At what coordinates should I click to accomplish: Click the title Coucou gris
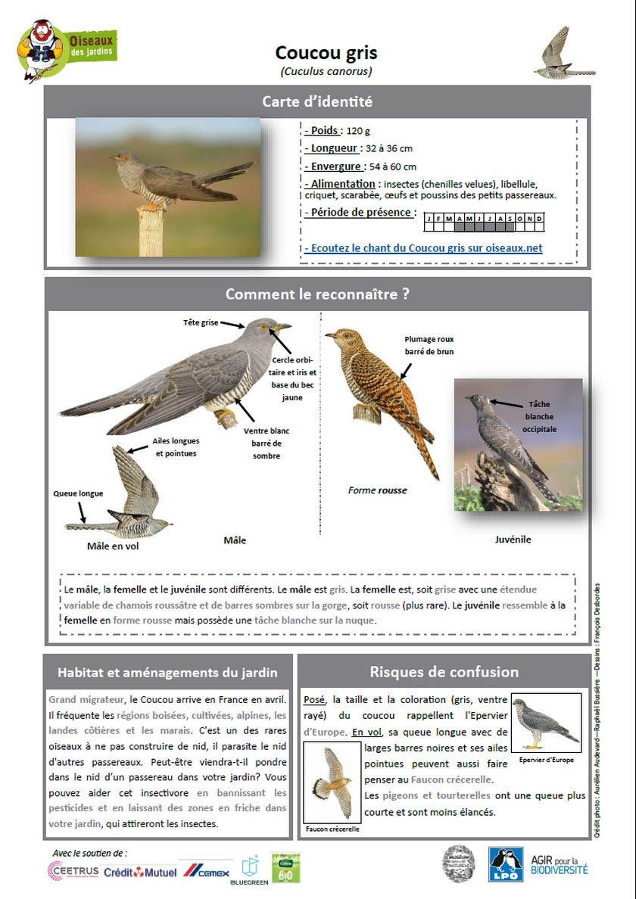tap(326, 53)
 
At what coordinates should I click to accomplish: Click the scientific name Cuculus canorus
tap(326, 72)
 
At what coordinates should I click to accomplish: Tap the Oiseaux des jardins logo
tap(67, 49)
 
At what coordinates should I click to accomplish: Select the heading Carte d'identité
tap(317, 101)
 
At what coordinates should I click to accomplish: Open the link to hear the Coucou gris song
tap(424, 248)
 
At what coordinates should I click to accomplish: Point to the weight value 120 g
tap(358, 131)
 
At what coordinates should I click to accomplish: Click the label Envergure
tap(335, 166)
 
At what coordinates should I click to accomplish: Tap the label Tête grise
tap(200, 323)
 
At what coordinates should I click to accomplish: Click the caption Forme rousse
tap(377, 490)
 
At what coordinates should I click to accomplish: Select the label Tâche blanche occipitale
tap(540, 416)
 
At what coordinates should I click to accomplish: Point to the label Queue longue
tap(78, 493)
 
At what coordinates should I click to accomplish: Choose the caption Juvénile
tap(513, 540)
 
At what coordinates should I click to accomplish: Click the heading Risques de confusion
tap(444, 672)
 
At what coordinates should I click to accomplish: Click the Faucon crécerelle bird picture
tap(332, 782)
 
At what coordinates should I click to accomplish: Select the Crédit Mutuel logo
tap(140, 873)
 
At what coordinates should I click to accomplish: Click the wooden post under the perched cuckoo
tap(151, 232)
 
